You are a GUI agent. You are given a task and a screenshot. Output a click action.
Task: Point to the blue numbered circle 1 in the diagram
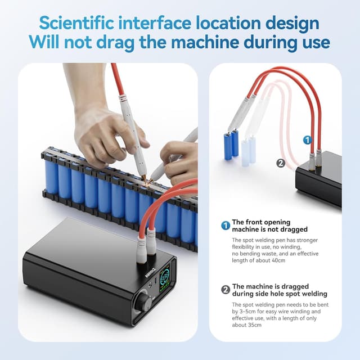[307, 139]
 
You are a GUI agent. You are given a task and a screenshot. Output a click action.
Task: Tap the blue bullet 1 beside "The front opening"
[225, 226]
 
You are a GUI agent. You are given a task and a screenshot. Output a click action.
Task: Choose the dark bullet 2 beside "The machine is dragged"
[225, 290]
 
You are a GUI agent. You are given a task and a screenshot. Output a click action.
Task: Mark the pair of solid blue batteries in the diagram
[231, 145]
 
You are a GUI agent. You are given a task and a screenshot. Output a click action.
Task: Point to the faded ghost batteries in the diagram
[248, 151]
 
